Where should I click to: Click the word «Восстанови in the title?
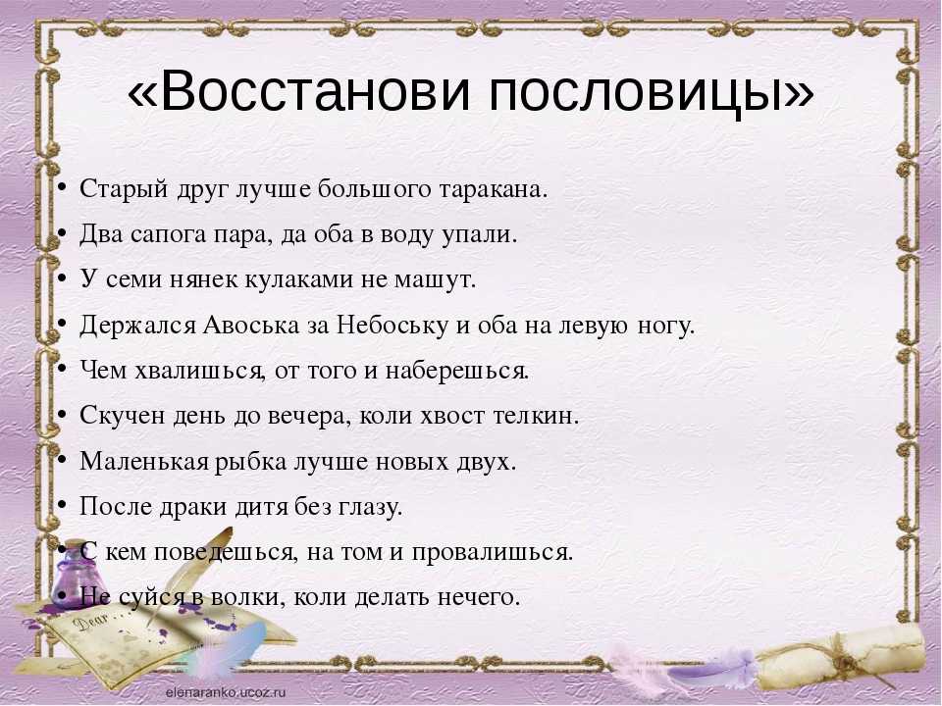click(x=298, y=92)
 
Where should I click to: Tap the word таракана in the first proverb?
click(x=494, y=189)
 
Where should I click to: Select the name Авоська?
click(x=251, y=325)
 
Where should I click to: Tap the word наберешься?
click(x=457, y=371)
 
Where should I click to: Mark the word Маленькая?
click(x=144, y=461)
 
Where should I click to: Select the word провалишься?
click(x=493, y=553)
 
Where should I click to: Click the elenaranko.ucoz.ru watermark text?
click(x=226, y=691)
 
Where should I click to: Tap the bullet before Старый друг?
click(x=61, y=189)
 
